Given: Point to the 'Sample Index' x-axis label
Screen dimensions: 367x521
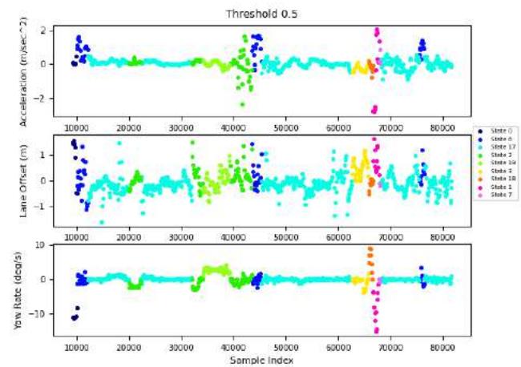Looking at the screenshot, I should [260, 361].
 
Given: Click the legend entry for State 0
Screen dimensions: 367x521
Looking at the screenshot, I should [494, 130].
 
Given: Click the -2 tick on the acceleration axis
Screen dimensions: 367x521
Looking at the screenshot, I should [54, 98].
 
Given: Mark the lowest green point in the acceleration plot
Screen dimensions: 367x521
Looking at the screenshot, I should [242, 104].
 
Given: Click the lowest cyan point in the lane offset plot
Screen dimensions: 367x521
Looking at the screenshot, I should [102, 222].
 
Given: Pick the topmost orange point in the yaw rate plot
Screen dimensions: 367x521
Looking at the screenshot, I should [370, 248].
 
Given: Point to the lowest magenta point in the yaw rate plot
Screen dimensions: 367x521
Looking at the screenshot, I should [376, 330].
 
